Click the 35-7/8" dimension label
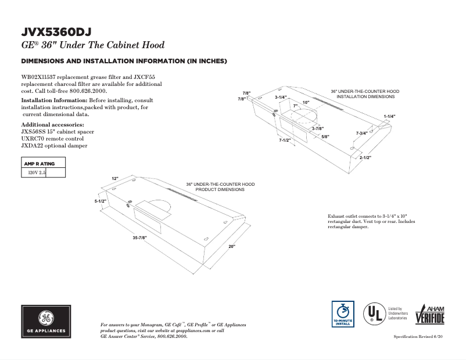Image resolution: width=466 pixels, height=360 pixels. [x=139, y=238]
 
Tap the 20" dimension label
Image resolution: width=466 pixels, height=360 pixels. [x=231, y=247]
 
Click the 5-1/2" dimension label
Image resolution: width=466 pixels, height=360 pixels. [x=101, y=201]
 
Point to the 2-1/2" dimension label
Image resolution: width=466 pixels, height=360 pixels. [x=365, y=158]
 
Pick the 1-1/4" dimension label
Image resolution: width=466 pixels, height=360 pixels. [x=389, y=117]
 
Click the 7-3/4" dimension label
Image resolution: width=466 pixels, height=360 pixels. [x=361, y=134]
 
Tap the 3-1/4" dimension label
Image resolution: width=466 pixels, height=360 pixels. [x=281, y=97]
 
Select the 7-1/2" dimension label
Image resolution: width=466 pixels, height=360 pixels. [x=285, y=140]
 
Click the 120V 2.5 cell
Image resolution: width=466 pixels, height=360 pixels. [x=34, y=172]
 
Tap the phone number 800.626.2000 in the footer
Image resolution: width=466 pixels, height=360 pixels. [x=172, y=336]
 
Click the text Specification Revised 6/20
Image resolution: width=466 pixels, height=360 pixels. [x=418, y=337]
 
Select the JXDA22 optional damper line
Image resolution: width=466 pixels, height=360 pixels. [x=54, y=146]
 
